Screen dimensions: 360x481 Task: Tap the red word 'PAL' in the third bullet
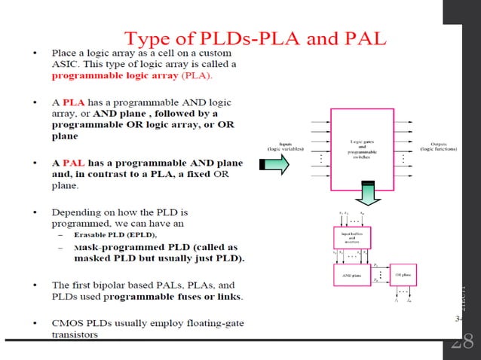tap(73, 163)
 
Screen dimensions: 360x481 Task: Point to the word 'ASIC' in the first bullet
tap(66, 65)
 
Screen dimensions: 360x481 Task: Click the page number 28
tap(461, 343)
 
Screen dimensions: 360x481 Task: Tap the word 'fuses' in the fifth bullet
tap(198, 296)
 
